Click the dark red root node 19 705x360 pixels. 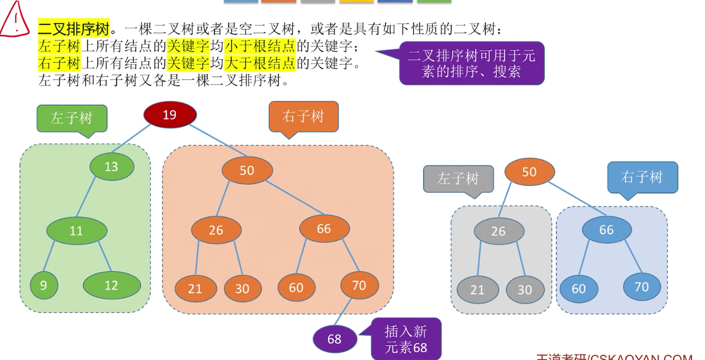tap(170, 115)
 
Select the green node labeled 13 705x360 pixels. tap(112, 167)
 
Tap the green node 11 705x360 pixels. tap(76, 230)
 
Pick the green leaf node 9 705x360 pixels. tap(44, 285)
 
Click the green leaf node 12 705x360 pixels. tap(112, 285)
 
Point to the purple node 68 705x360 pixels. tap(335, 339)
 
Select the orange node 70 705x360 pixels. tap(359, 285)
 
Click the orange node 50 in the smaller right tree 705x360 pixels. tap(529, 172)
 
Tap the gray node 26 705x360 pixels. tap(499, 231)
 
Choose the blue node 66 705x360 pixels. tap(606, 230)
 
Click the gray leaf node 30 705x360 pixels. tap(524, 290)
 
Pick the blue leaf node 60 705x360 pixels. tap(579, 289)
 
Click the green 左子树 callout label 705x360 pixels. tap(72, 118)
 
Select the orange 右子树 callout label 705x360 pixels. tap(303, 116)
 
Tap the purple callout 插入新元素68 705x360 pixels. tap(406, 339)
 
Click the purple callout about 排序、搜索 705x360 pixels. tap(471, 63)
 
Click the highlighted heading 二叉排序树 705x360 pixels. tap(74, 30)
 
